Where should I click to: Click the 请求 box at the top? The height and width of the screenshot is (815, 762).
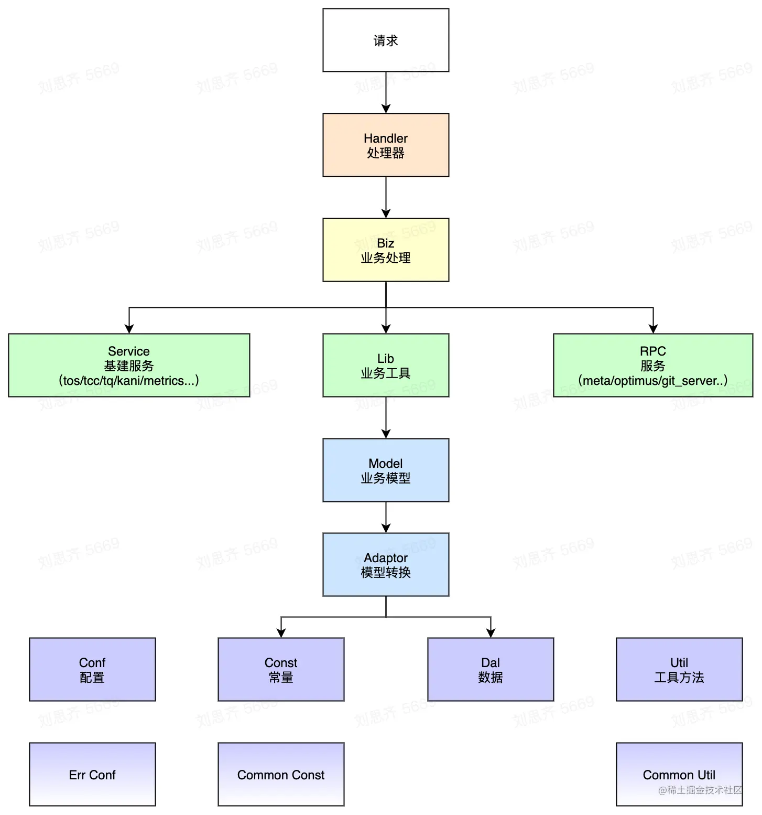click(x=386, y=40)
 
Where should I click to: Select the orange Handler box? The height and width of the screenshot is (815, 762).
click(x=386, y=145)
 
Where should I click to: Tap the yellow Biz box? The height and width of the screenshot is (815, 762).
click(x=386, y=250)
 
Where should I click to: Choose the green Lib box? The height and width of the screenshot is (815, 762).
click(x=386, y=366)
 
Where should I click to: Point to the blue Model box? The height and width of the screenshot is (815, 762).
click(x=386, y=470)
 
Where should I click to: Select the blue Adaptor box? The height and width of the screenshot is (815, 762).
click(x=386, y=565)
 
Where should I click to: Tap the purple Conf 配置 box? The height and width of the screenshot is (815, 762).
click(x=92, y=670)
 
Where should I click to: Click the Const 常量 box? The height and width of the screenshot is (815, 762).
click(x=281, y=670)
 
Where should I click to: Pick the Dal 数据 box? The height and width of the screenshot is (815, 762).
click(x=491, y=670)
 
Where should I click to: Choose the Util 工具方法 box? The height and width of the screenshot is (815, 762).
click(x=679, y=670)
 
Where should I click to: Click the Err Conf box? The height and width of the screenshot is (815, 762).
click(x=92, y=775)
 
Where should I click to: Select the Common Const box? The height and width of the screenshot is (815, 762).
click(x=281, y=775)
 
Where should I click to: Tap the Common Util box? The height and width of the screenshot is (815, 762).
click(x=679, y=775)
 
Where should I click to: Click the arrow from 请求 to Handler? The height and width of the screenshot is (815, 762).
click(x=386, y=92)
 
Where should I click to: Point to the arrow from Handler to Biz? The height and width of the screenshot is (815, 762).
click(x=386, y=197)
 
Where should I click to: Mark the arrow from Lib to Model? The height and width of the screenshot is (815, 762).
click(x=386, y=417)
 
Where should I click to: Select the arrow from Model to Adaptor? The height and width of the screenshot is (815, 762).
click(x=386, y=517)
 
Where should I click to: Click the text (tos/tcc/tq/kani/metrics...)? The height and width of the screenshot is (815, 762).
click(x=129, y=381)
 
